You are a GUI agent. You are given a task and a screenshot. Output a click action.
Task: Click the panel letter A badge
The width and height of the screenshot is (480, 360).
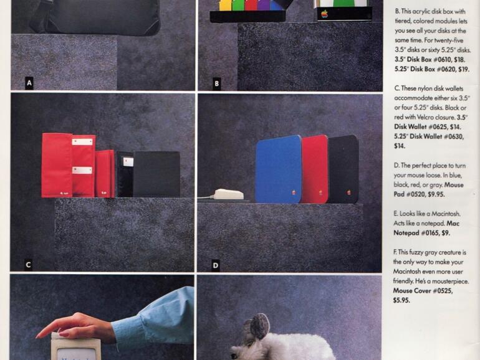[29, 83]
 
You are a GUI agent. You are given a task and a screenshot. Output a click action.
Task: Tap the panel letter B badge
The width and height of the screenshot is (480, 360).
[216, 83]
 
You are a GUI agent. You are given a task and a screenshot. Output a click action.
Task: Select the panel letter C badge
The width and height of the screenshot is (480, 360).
[28, 265]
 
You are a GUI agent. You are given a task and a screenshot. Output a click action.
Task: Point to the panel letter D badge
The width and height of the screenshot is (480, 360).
[216, 265]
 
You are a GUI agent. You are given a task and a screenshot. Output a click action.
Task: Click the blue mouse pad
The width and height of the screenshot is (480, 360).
[278, 170]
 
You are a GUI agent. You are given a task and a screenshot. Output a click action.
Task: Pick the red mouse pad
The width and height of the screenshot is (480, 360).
[315, 169]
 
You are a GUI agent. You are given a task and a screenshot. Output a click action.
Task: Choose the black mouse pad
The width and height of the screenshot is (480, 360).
[343, 169]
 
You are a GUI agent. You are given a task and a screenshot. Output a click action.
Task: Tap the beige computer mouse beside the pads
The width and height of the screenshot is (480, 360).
[228, 194]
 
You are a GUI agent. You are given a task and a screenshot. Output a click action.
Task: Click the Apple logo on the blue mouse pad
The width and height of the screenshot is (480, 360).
[294, 192]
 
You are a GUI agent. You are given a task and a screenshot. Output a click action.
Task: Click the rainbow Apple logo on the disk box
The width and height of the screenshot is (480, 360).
[324, 14]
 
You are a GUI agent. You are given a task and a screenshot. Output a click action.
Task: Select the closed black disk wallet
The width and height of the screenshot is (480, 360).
[156, 174]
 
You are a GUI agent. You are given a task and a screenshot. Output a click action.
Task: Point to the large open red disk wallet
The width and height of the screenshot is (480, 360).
[69, 165]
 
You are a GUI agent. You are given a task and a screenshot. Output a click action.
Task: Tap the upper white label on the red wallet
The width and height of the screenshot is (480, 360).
[82, 141]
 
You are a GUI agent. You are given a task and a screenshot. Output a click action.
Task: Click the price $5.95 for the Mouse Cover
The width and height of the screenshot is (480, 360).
[401, 300]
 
